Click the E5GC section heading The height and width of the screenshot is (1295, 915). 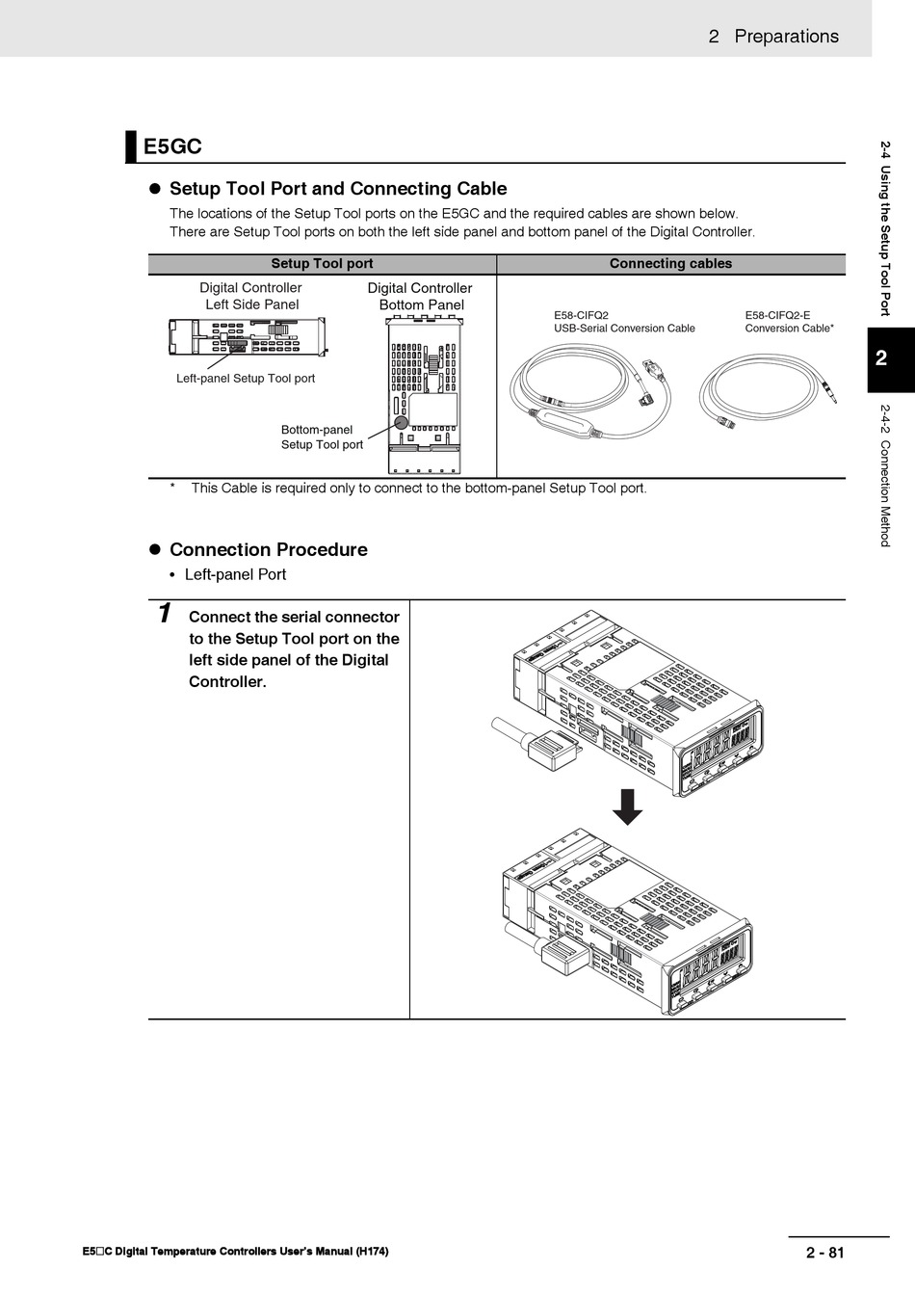coord(172,146)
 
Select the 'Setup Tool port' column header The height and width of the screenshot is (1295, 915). coord(322,264)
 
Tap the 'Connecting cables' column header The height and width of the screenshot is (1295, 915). coord(670,264)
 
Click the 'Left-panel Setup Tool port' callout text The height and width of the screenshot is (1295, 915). coord(246,379)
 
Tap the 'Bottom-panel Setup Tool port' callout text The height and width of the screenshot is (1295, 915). coord(322,437)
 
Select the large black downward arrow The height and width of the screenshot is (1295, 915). coord(628,807)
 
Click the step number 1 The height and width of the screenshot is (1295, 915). coord(165,613)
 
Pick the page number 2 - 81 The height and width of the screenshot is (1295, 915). coord(824,1253)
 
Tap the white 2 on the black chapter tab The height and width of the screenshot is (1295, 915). coord(881,359)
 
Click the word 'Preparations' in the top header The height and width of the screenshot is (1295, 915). coord(786,37)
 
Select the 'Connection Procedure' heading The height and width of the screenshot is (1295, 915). coord(268,550)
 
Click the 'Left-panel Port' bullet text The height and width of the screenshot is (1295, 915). coord(235,574)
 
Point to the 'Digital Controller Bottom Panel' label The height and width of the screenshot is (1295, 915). coord(420,297)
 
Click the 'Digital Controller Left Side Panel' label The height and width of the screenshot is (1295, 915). coord(250,296)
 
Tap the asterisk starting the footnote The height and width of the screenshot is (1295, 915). coord(172,488)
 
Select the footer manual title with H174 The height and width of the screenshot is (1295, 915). coord(236,1252)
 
